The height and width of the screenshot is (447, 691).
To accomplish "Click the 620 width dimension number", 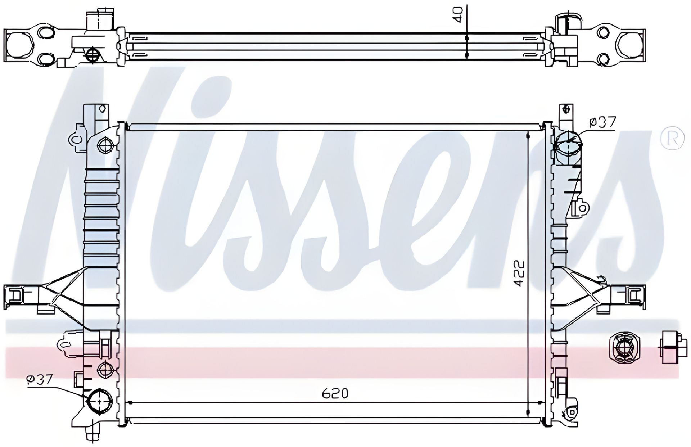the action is coord(335,394).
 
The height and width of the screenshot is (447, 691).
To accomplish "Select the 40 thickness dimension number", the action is coord(458,15).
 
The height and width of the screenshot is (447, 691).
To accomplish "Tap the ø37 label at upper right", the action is coord(603,122).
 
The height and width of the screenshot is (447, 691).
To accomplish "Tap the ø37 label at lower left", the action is coord(40,379).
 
